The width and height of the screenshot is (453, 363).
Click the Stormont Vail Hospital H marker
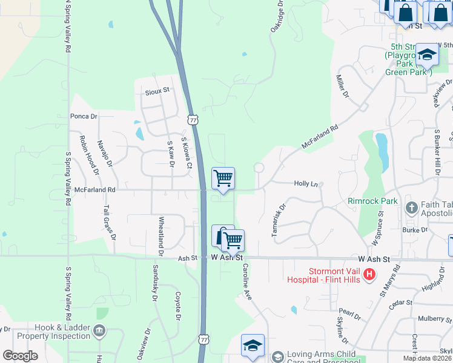368,274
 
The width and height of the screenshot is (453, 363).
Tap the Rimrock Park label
372,200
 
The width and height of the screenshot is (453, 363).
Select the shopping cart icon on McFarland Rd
223,178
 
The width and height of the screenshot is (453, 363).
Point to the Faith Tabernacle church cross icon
412,208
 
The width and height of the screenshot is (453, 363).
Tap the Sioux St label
157,91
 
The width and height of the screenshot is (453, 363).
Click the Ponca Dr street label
84,116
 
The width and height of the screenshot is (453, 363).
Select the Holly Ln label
305,183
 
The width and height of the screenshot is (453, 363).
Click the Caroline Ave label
247,281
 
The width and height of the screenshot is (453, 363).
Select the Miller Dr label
343,87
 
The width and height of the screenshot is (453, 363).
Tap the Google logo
21,356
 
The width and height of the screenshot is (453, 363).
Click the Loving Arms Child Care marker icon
277,356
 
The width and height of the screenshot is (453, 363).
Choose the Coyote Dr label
178,306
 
